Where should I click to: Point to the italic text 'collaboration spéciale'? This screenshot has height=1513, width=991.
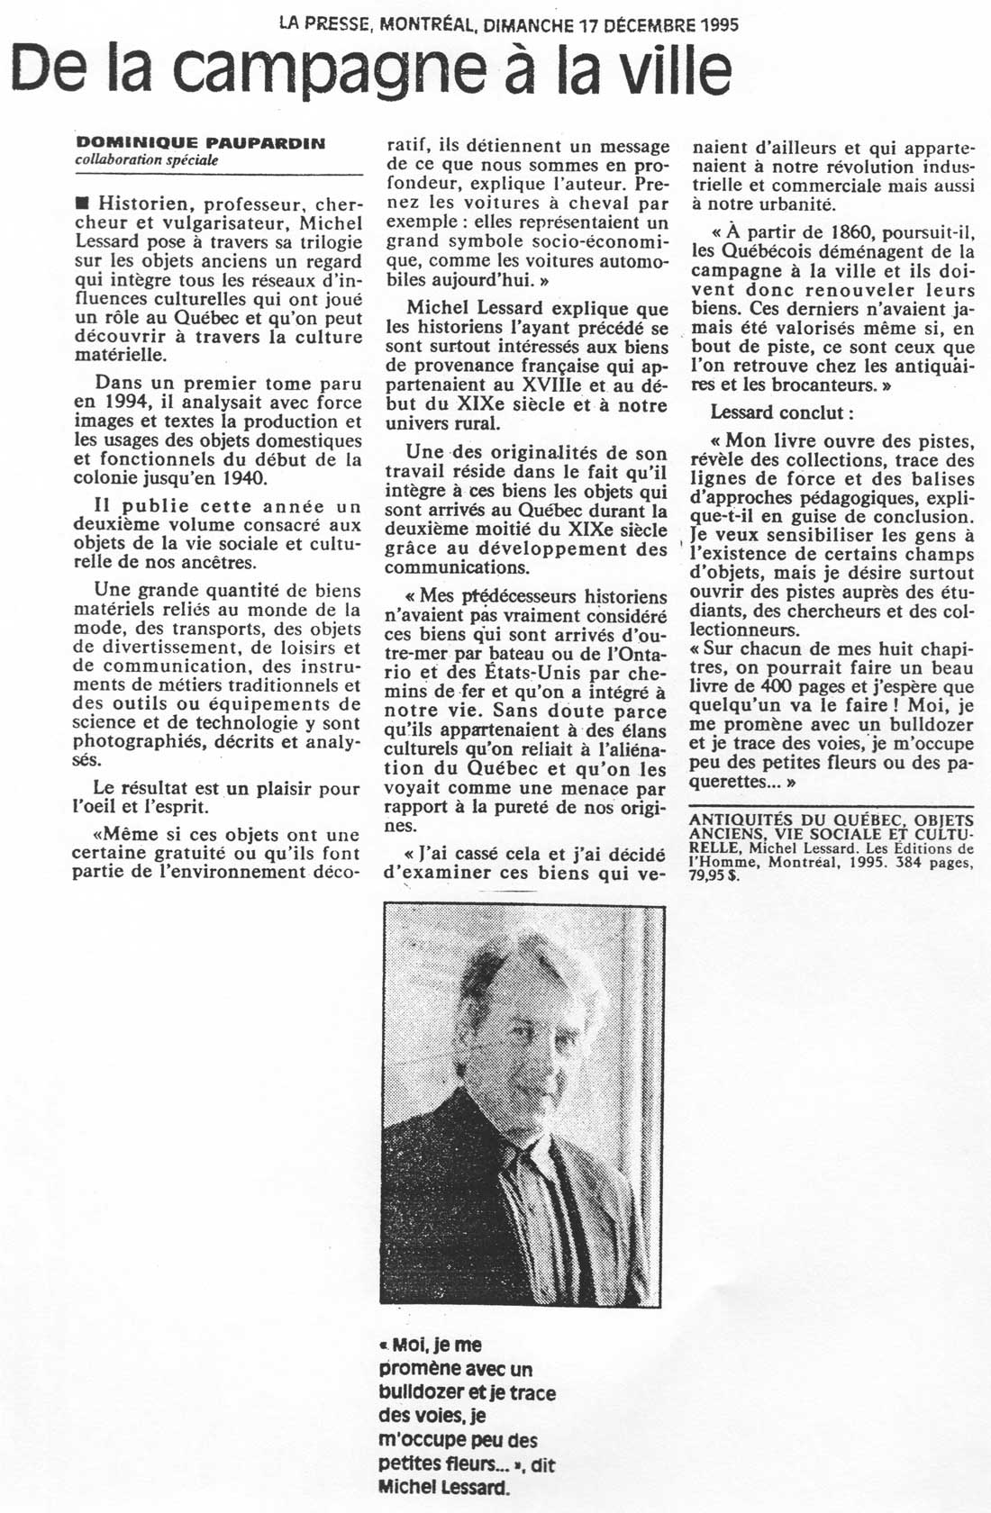[147, 159]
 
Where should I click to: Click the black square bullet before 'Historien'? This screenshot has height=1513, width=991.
[83, 204]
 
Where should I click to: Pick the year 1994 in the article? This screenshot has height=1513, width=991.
[116, 403]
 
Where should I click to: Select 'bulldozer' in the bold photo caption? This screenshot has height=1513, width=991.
[423, 1392]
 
